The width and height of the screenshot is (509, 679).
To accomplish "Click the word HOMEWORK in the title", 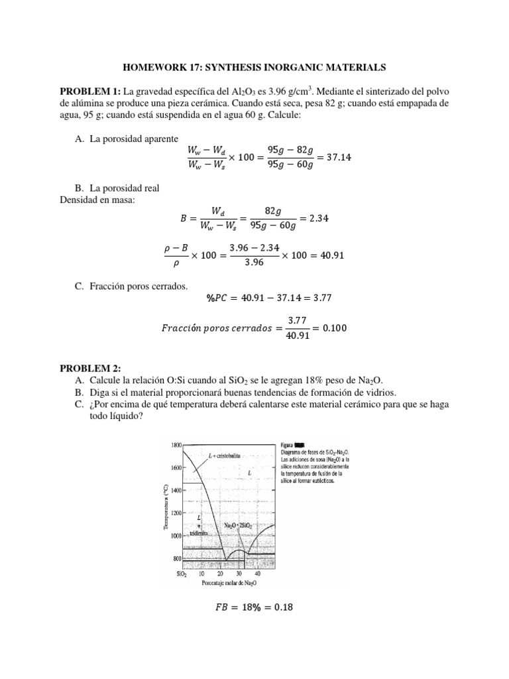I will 148,67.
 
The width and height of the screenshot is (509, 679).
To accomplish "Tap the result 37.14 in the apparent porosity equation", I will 345,154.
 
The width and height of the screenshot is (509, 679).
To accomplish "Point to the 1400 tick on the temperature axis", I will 174,490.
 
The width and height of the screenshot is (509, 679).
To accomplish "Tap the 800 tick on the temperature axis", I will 176,559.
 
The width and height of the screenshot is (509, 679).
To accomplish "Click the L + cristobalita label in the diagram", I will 223,456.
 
